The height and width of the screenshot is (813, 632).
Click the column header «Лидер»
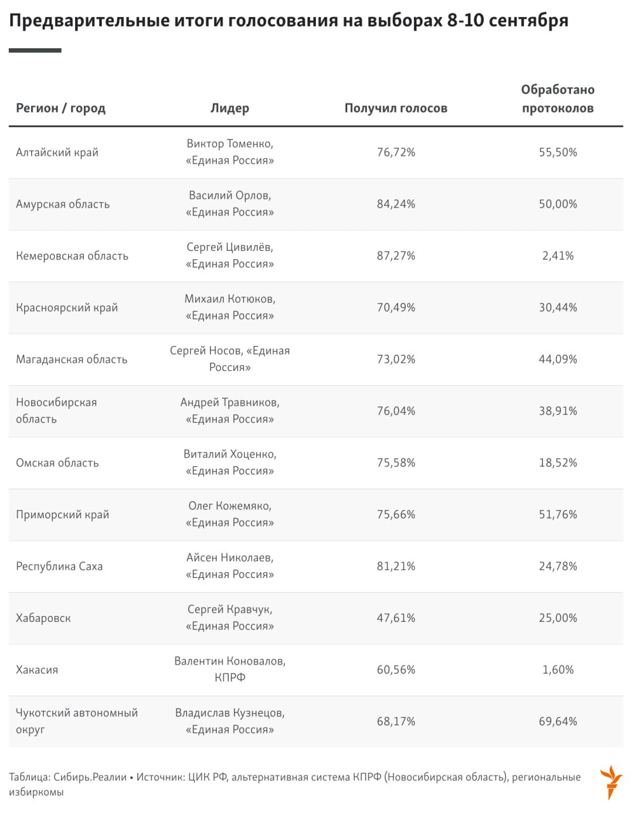click(x=230, y=108)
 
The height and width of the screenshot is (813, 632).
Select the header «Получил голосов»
click(x=395, y=108)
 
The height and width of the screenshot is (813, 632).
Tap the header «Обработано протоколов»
click(x=558, y=99)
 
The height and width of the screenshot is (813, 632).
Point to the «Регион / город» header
click(x=60, y=108)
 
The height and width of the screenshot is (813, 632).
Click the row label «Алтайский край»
click(x=57, y=152)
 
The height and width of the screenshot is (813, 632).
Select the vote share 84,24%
click(x=395, y=204)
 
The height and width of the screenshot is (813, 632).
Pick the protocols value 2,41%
click(x=558, y=256)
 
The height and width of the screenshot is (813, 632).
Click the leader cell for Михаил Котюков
click(x=230, y=307)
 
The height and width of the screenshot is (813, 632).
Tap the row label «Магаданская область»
click(x=71, y=359)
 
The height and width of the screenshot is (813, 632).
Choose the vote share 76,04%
click(x=395, y=411)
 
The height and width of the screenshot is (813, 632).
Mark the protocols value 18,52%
click(x=558, y=463)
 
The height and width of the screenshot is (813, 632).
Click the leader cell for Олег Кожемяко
click(x=230, y=514)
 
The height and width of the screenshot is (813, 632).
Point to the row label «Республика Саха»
click(x=59, y=567)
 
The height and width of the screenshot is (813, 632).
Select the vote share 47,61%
click(x=395, y=618)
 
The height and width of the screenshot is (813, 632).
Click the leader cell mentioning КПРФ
click(x=230, y=669)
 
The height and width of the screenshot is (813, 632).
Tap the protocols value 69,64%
click(x=558, y=722)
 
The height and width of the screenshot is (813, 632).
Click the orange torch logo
click(x=611, y=782)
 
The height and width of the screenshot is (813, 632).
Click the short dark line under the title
click(x=35, y=50)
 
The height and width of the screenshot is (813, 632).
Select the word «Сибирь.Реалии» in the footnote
click(x=90, y=777)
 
